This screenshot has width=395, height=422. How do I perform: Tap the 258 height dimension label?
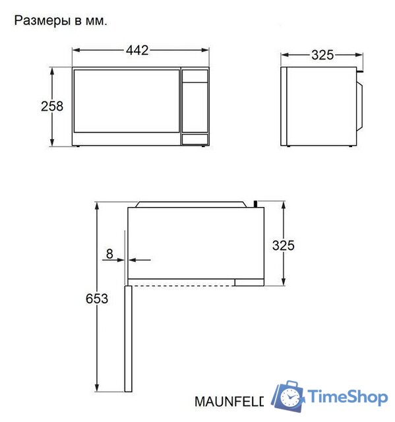pos(52,105)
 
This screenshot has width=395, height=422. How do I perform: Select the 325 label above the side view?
pos(322,55)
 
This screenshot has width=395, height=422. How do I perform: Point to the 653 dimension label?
pos(97,298)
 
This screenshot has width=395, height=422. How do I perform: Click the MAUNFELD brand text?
pos(229,401)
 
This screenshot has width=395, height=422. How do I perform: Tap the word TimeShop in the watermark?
pos(348,396)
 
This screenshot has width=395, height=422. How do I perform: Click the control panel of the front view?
pos(195,105)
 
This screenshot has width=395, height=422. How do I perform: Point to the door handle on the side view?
pos(360,105)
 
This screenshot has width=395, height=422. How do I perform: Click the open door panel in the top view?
pos(127,336)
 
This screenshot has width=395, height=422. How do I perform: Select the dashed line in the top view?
pos(181,285)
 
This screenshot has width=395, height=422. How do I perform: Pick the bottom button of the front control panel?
pos(195,139)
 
